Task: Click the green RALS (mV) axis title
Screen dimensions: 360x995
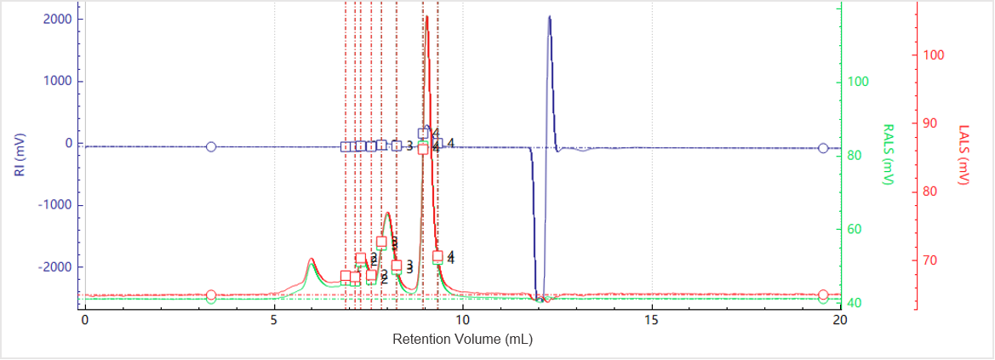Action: point(888,155)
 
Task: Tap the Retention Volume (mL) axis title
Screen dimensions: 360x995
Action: point(462,338)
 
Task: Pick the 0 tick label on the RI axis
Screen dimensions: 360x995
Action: point(67,143)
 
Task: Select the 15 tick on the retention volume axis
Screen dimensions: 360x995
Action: point(651,319)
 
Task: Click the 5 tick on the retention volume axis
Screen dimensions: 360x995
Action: point(274,319)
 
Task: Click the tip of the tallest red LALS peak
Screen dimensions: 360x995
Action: point(426,18)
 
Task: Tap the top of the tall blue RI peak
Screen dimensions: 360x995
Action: point(549,17)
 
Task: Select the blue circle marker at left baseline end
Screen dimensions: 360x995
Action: point(211,146)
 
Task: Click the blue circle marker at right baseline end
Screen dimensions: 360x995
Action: point(823,148)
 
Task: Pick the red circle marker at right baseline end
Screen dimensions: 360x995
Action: point(823,294)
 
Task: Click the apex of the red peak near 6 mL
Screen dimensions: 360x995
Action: point(312,259)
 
